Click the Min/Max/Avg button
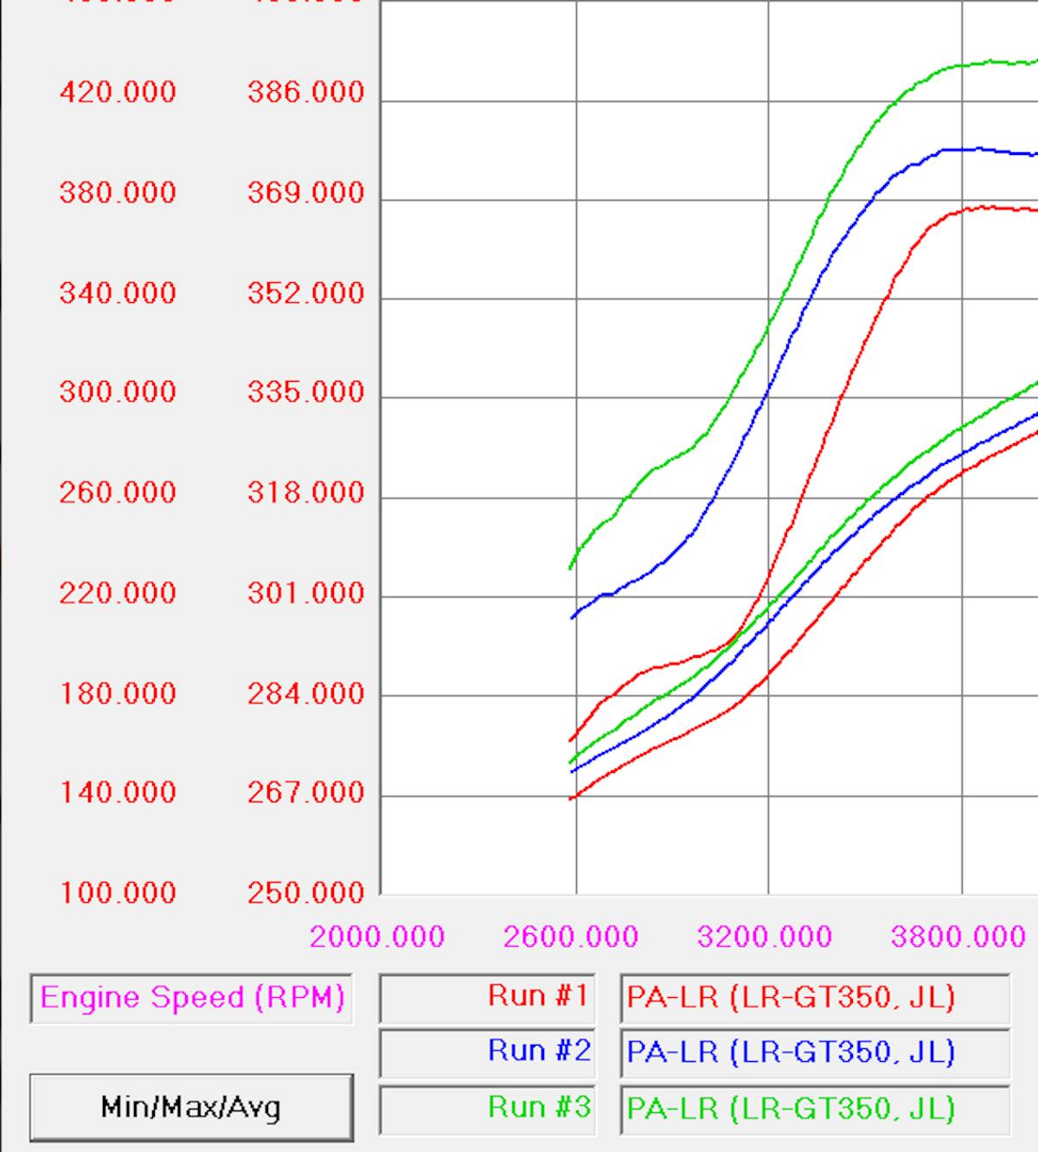191,1107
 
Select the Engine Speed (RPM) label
192,998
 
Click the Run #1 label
538,996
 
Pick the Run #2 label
538,1051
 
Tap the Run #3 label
538,1107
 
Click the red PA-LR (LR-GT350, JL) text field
814,998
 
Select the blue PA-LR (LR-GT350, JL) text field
814,1052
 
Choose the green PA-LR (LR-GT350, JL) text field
814,1109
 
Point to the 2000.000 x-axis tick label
377,936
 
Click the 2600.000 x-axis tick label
571,936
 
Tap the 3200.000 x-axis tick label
765,936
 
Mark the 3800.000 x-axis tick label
958,936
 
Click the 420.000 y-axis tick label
118,92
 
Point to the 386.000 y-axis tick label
306,92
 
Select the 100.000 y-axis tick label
118,892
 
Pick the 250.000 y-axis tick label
306,892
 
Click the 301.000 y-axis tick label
306,593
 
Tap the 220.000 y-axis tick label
118,593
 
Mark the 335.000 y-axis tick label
306,392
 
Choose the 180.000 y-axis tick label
118,693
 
